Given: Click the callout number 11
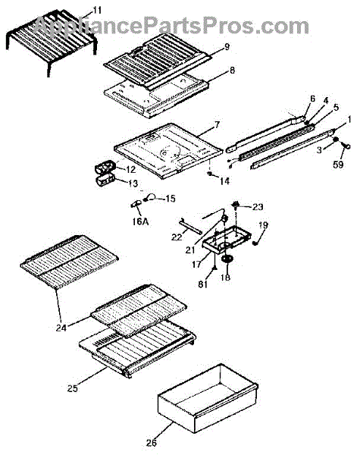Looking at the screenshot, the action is pyautogui.click(x=97, y=11).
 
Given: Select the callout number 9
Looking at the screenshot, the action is pyautogui.click(x=227, y=46).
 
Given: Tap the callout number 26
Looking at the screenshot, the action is pyautogui.click(x=151, y=443).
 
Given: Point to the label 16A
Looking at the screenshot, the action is pyautogui.click(x=140, y=221).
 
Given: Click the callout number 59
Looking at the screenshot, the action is pyautogui.click(x=338, y=165).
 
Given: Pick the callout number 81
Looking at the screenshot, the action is pyautogui.click(x=203, y=284).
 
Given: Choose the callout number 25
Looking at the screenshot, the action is pyautogui.click(x=73, y=388).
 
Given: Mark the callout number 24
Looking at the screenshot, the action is pyautogui.click(x=61, y=328).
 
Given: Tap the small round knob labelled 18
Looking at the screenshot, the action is pyautogui.click(x=227, y=259).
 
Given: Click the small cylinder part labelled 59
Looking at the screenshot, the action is pyautogui.click(x=346, y=146).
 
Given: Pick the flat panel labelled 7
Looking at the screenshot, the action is pyautogui.click(x=168, y=150).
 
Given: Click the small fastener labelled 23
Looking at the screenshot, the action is pyautogui.click(x=236, y=206).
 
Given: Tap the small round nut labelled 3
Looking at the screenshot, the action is pyautogui.click(x=335, y=140).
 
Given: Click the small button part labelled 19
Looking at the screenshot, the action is pyautogui.click(x=255, y=243).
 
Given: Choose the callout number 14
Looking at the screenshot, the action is pyautogui.click(x=224, y=181).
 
